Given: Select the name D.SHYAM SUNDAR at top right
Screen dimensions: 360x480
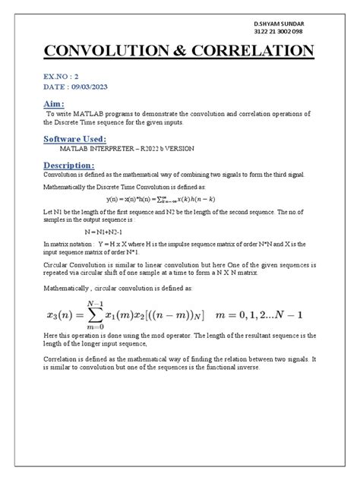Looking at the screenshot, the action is [x=282, y=24].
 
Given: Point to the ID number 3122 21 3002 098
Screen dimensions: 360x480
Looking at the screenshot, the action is [x=282, y=33].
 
